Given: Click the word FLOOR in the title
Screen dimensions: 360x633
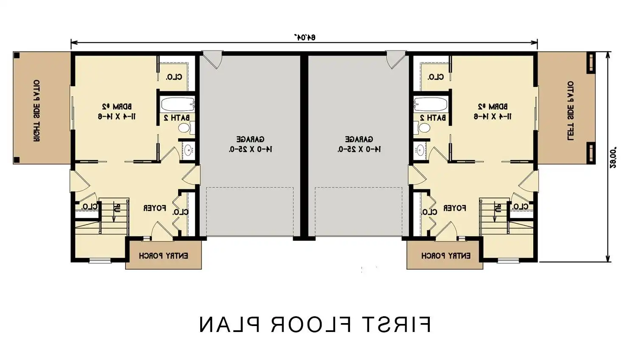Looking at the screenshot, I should (x=311, y=325).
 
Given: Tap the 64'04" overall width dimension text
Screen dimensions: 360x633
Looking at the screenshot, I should (x=305, y=37).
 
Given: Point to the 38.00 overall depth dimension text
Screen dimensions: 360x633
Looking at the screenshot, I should (x=613, y=158).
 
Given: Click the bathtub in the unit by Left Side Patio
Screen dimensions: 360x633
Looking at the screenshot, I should (x=430, y=104).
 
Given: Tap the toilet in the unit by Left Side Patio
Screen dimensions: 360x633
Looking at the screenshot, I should (x=424, y=127).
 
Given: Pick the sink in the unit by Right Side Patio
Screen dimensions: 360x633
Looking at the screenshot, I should (x=188, y=149).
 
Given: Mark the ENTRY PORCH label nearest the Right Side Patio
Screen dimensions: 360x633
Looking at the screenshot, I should (x=163, y=256).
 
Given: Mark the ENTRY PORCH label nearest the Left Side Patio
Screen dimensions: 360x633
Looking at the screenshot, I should (x=445, y=256).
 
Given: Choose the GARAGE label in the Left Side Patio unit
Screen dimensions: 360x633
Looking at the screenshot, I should (x=359, y=139).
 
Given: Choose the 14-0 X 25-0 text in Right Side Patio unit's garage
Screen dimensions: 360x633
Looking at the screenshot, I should (x=250, y=149).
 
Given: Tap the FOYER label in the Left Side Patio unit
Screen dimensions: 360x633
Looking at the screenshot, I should (x=454, y=208).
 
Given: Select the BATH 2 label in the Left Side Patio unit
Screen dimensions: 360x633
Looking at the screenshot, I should (x=433, y=118).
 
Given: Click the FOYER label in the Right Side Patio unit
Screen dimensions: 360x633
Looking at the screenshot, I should (x=154, y=208).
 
